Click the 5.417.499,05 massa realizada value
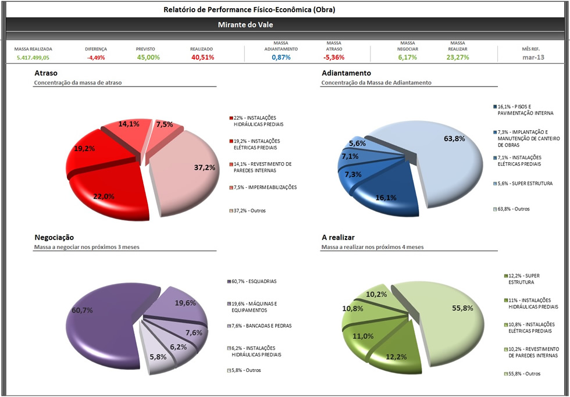click(x=33, y=58)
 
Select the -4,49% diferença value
click(x=96, y=58)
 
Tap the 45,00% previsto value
click(x=148, y=58)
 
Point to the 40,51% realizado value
click(x=202, y=58)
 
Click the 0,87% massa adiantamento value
click(x=281, y=58)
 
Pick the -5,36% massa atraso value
click(x=334, y=58)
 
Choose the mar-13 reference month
click(x=533, y=58)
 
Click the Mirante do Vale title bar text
click(x=245, y=25)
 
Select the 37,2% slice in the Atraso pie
click(x=186, y=174)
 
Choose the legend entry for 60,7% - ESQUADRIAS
click(x=254, y=281)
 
